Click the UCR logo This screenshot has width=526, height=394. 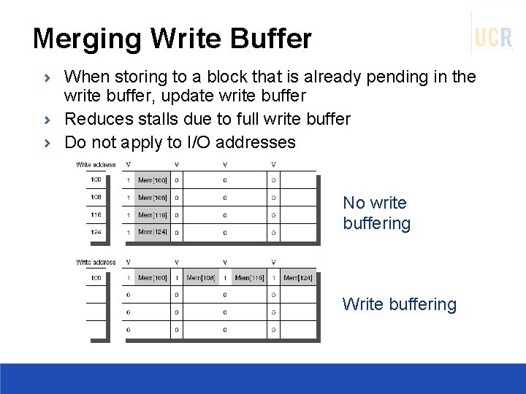(x=493, y=36)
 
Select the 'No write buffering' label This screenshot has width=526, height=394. (x=376, y=213)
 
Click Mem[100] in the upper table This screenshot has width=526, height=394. (x=152, y=180)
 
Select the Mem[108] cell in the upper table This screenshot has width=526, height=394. (x=152, y=198)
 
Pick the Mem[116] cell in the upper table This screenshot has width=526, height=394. (x=152, y=215)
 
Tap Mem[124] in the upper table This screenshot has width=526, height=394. (x=152, y=232)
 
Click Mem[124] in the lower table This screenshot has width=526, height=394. (x=298, y=278)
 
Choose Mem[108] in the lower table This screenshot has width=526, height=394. (x=201, y=278)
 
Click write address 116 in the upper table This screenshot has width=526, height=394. (x=96, y=215)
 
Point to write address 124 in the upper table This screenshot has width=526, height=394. (x=96, y=232)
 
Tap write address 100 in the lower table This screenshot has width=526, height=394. (x=96, y=278)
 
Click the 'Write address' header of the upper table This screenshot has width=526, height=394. (x=96, y=165)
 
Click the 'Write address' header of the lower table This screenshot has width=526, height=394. (x=96, y=262)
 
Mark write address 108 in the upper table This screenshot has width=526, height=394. (x=96, y=198)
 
